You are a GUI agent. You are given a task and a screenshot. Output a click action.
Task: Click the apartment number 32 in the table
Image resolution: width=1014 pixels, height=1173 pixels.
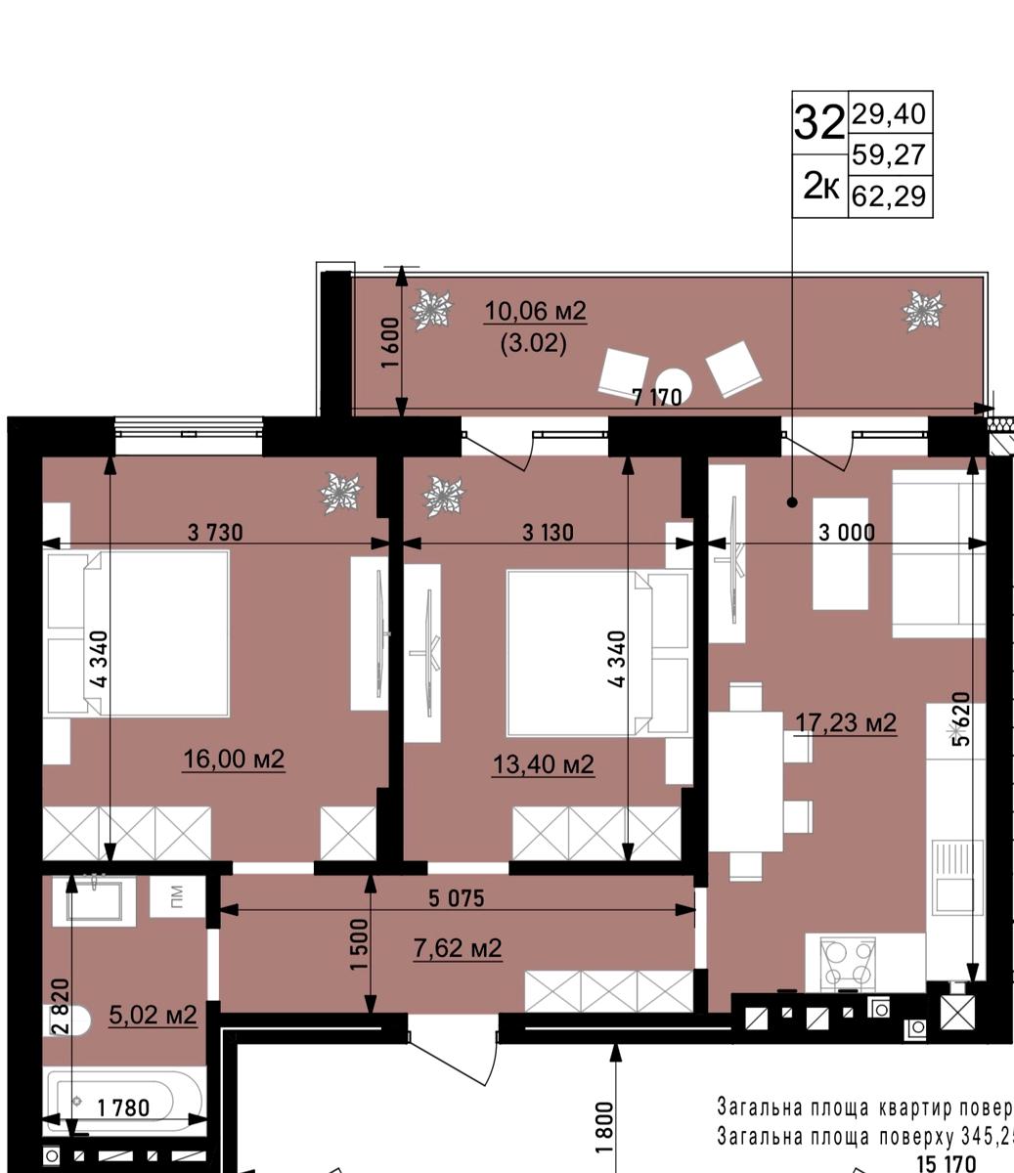[818, 123]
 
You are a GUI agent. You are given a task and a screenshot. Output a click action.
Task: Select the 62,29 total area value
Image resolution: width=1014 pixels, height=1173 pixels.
[889, 196]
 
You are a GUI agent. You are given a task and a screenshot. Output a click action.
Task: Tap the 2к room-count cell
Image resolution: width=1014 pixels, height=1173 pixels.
[819, 186]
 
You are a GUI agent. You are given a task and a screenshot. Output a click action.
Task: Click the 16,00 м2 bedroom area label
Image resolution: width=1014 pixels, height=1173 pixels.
[234, 760]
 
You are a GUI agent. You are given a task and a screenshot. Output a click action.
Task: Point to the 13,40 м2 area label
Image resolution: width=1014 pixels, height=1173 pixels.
[543, 764]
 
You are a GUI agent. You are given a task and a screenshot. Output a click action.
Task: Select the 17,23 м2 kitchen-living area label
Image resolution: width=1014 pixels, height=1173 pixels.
[845, 723]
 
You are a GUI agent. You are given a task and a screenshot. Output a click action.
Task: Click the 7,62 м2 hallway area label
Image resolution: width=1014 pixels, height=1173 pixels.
[458, 948]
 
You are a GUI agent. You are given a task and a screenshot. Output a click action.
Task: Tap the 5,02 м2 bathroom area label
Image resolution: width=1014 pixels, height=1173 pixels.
[153, 1016]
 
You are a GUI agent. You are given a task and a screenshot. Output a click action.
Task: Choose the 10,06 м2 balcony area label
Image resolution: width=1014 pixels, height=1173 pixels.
[535, 312]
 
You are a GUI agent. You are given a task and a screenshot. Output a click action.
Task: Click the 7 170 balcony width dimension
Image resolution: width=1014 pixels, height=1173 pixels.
[657, 398]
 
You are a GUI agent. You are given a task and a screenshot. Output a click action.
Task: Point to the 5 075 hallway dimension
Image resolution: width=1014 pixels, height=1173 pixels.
[456, 898]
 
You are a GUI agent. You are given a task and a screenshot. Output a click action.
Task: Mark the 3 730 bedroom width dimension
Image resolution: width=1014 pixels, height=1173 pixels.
[215, 533]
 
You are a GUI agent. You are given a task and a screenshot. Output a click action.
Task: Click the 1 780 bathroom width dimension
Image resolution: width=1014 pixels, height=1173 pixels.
[123, 1108]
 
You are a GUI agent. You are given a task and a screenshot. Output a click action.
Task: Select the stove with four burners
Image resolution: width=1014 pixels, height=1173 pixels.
[847, 964]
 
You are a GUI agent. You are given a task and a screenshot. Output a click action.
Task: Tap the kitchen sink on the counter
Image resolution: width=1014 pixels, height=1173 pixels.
[954, 877]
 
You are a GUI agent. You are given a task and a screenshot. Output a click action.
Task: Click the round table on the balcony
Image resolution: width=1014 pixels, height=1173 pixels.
[674, 384]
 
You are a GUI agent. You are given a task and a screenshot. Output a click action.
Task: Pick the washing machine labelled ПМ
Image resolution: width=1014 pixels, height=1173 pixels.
[176, 895]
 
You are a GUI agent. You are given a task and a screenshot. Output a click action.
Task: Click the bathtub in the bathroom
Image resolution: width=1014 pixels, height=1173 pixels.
[125, 1101]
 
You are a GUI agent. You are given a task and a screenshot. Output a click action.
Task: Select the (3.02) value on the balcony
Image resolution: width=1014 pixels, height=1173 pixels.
[533, 344]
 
